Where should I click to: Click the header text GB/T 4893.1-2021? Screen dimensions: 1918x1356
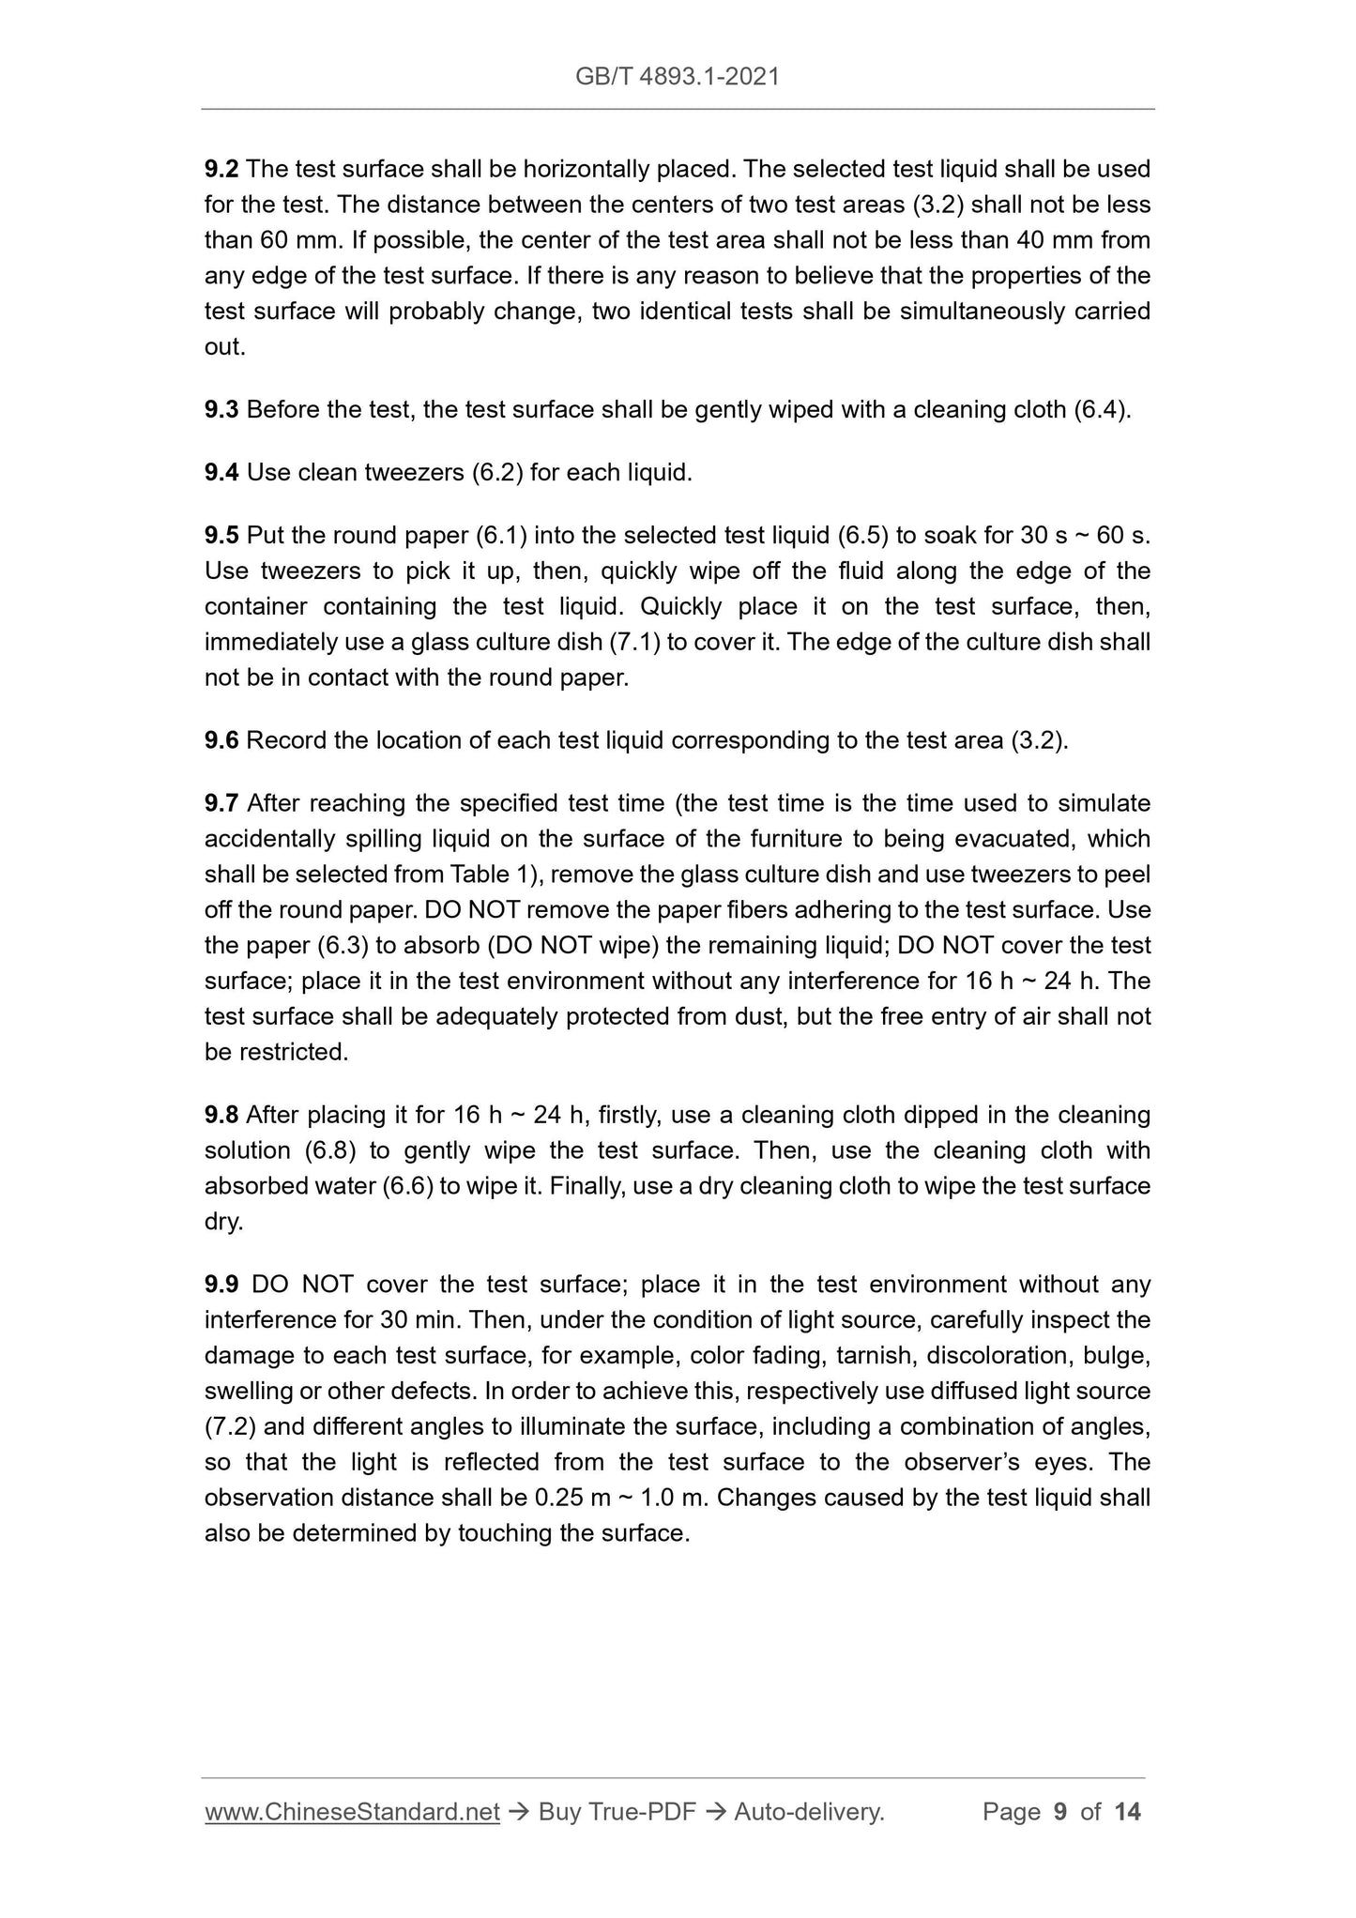tap(677, 77)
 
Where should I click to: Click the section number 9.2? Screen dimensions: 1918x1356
tap(221, 170)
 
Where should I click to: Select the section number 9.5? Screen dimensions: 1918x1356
tap(221, 536)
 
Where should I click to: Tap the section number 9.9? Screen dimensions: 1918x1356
tap(221, 1285)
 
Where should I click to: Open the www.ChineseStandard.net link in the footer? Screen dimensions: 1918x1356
tap(352, 1838)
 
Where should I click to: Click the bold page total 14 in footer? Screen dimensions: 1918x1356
tap(1127, 1838)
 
